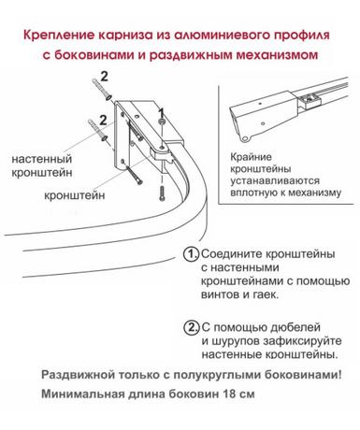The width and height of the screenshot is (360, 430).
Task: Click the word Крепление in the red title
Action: [x=59, y=36]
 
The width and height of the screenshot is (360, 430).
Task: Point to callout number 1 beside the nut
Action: [x=161, y=111]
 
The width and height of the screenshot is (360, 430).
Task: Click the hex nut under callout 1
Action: [x=162, y=122]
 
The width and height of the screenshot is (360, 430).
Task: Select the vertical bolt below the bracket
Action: [x=162, y=193]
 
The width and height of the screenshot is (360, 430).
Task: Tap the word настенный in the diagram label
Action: [x=42, y=159]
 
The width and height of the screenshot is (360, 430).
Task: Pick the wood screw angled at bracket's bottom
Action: [x=135, y=175]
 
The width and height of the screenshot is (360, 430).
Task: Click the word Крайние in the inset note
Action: [x=251, y=157]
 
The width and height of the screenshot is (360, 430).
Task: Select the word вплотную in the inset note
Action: [x=253, y=193]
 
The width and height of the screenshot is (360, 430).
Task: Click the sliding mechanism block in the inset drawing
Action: [x=310, y=100]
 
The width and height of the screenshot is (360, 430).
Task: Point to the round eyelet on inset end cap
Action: [x=245, y=138]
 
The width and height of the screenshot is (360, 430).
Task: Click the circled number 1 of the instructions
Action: [x=191, y=254]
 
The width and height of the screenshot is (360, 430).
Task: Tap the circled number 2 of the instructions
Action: [x=191, y=327]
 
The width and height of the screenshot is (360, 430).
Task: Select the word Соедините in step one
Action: [x=232, y=253]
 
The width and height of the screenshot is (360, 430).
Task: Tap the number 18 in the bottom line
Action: [x=229, y=394]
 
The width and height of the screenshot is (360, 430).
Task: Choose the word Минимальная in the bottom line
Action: [x=82, y=394]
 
